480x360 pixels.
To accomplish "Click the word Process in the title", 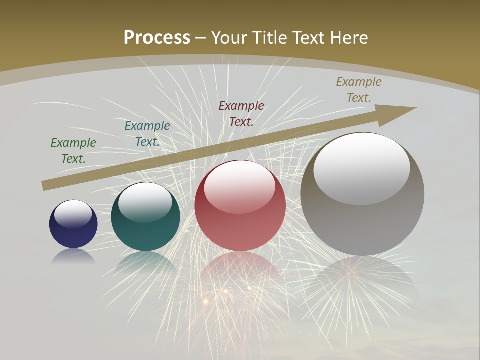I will click(157, 38).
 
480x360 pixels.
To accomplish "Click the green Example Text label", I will click(73, 150).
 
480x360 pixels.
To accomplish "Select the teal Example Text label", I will click(147, 134).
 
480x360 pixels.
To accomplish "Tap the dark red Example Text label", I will click(241, 113).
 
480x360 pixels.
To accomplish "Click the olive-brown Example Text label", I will click(359, 90).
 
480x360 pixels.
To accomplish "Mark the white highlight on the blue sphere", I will click(73, 213).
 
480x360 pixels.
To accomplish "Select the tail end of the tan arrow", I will click(46, 185).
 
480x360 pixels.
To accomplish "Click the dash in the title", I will click(201, 38).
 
